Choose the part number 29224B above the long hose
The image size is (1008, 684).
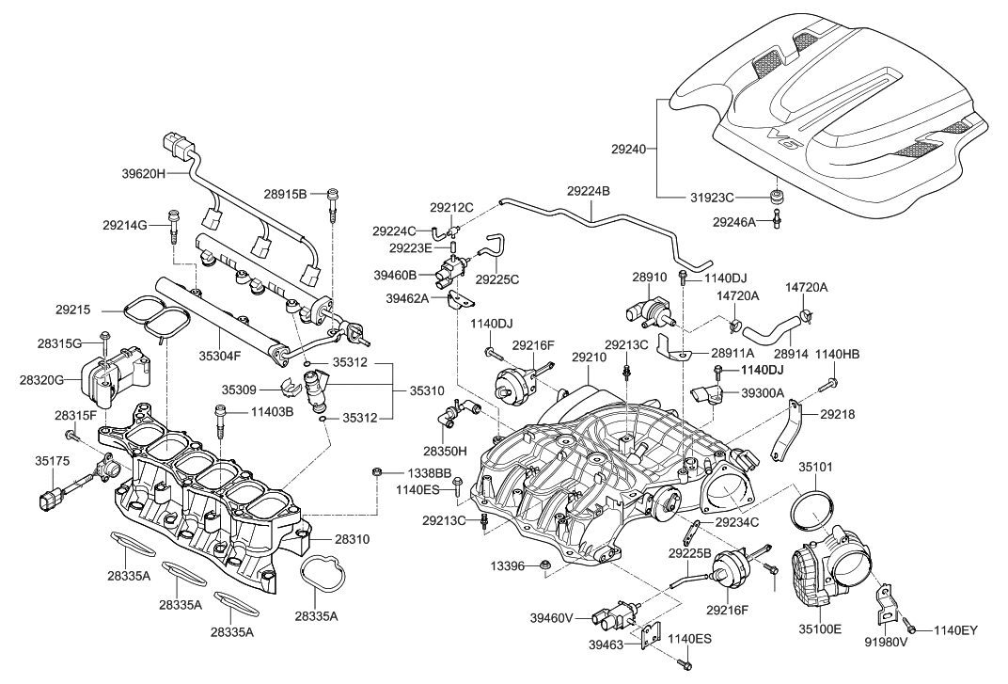click(589, 190)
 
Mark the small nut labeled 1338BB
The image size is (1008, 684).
click(375, 471)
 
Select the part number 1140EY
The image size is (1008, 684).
click(956, 630)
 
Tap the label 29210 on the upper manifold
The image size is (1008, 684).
click(589, 358)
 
